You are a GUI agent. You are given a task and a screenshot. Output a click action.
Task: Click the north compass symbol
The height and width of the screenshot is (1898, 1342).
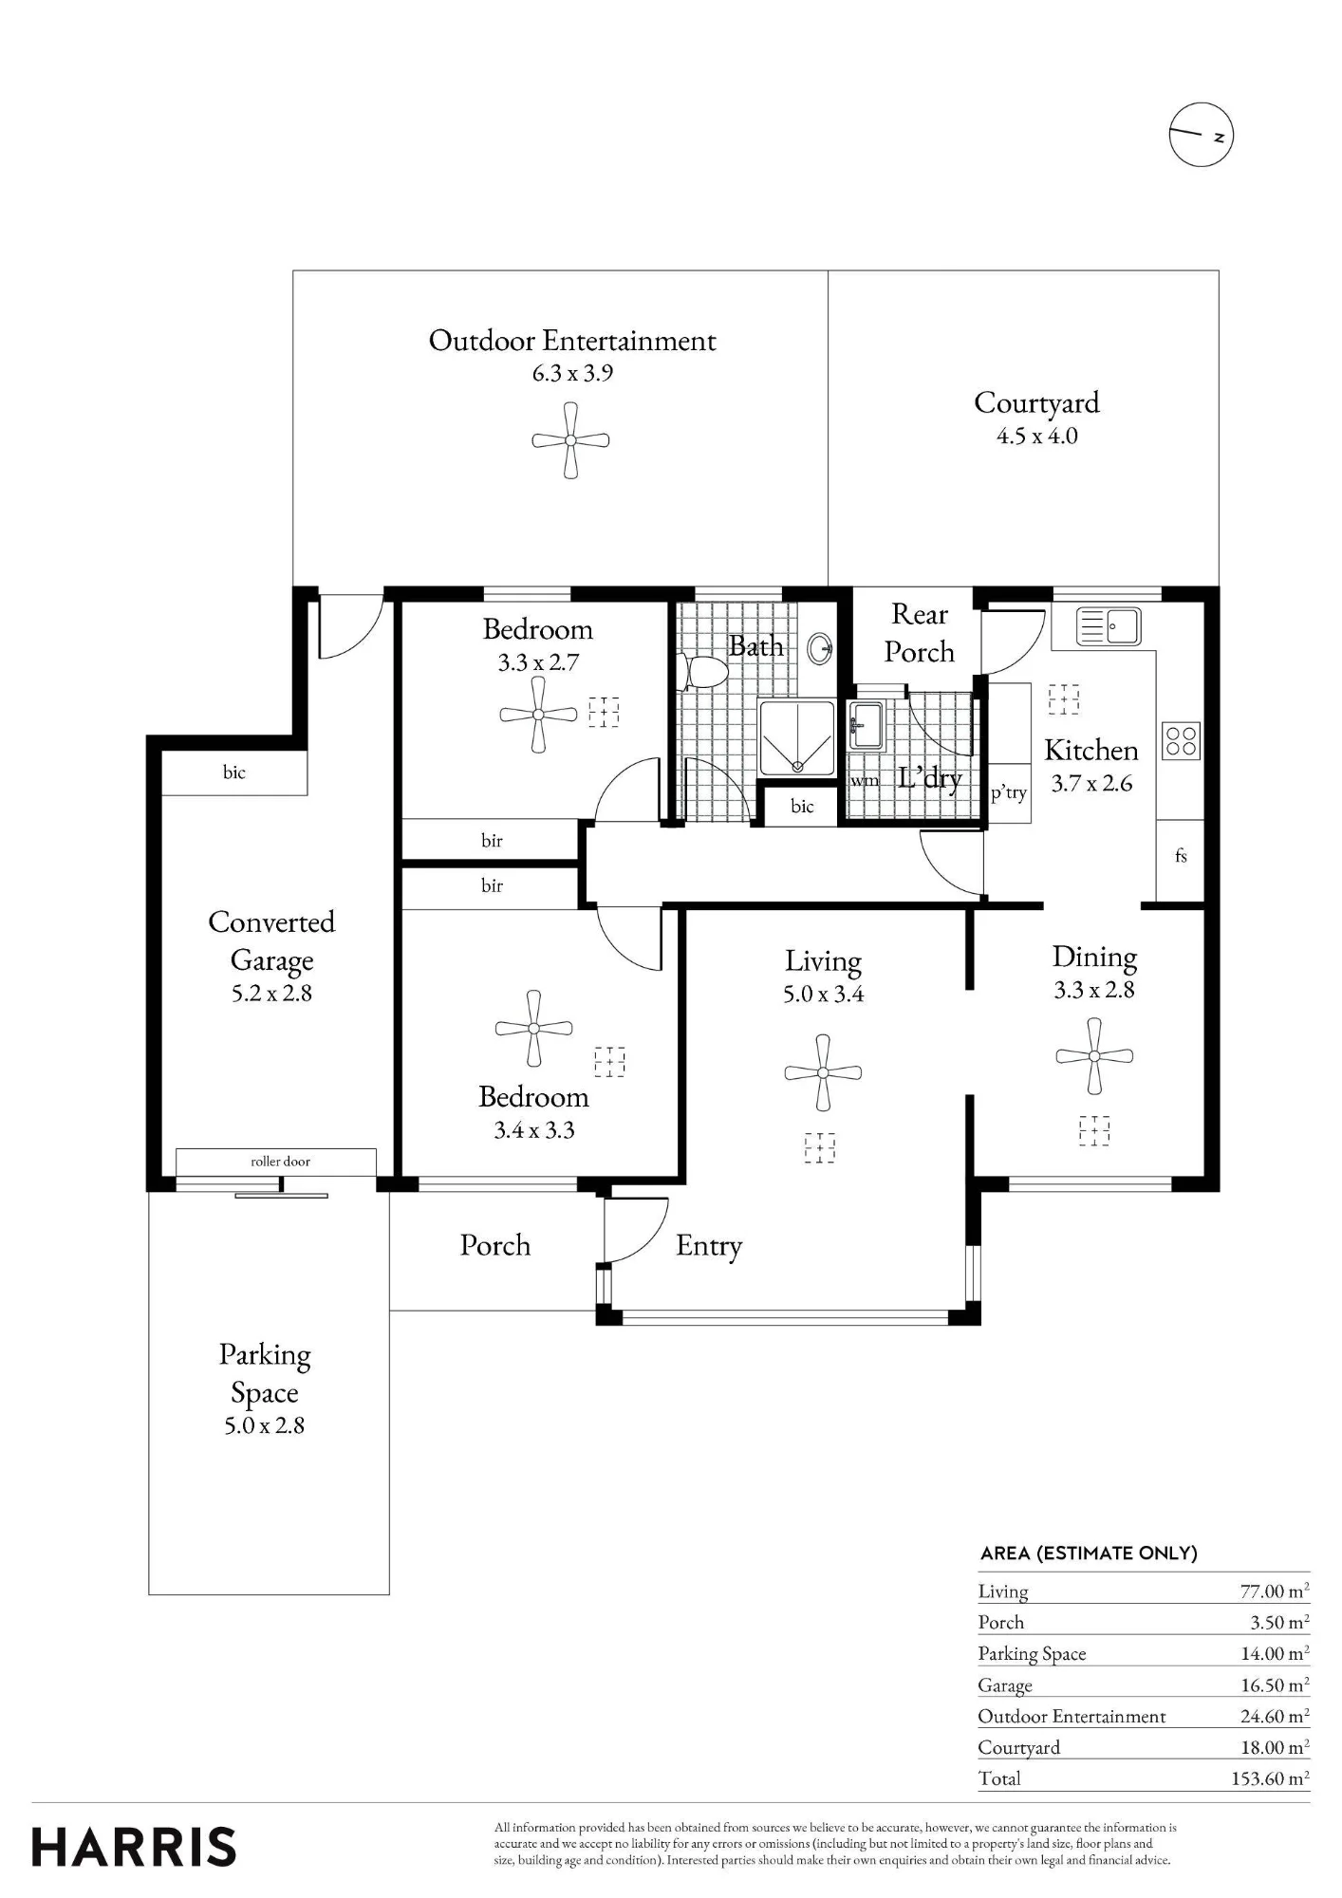1201,135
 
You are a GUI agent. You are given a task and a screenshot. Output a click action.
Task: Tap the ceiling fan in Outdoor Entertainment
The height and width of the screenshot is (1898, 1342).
570,440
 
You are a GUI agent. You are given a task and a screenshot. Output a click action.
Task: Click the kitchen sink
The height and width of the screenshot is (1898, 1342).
1109,627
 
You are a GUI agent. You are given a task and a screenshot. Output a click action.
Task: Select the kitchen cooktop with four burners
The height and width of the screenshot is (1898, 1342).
1182,741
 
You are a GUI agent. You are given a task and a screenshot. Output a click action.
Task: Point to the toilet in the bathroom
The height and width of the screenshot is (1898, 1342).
702,672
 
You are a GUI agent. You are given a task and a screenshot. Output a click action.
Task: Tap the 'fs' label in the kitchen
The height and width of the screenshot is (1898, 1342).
1181,856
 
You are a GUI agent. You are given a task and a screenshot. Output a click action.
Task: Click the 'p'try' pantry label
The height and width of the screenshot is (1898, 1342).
1008,793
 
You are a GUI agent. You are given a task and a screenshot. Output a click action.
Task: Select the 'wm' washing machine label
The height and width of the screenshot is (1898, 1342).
864,781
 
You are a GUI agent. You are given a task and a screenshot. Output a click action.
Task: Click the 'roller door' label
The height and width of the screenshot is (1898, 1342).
280,1162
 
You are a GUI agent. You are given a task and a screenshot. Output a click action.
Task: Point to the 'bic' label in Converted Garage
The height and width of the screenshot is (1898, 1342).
234,772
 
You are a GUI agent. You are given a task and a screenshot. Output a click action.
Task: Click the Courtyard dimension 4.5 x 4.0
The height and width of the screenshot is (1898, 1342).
1037,437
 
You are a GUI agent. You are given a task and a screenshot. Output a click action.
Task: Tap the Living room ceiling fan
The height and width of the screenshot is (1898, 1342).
823,1073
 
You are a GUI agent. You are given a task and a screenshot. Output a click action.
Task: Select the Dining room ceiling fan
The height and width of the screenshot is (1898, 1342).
1094,1056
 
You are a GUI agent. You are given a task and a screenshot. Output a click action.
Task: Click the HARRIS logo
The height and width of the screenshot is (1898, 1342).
134,1848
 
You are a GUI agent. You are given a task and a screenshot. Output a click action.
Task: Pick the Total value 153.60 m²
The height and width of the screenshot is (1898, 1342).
1270,1778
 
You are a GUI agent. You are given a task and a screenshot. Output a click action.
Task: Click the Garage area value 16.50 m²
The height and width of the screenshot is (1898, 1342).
1275,1685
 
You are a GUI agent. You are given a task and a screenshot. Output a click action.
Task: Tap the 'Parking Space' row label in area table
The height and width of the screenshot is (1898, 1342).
1032,1654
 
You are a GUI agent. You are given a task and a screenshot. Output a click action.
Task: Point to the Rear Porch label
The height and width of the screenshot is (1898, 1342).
920,633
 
